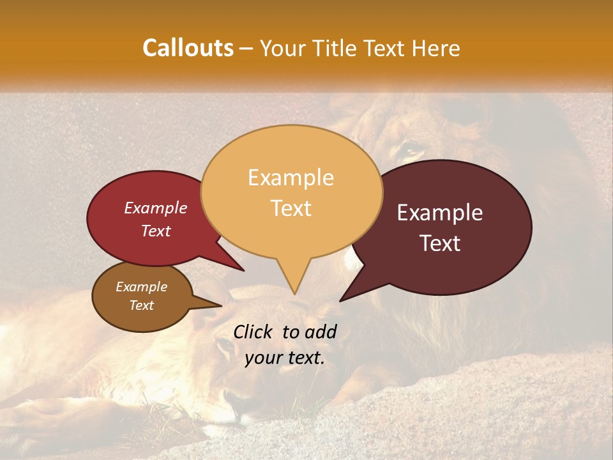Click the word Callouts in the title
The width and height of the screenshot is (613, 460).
pos(188,48)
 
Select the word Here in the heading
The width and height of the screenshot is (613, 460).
pos(436,48)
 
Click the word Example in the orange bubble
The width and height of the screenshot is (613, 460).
pos(291,177)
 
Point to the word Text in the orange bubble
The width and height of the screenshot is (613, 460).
pos(291,208)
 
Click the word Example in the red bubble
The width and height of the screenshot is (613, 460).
pos(155,208)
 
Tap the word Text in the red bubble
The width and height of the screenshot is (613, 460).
pos(155,231)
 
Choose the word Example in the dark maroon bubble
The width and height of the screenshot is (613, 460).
pos(440,213)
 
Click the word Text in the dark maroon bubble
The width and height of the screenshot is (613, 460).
pos(440,243)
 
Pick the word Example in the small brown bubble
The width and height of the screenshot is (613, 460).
pos(141,287)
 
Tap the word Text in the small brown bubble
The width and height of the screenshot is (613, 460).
pos(141,305)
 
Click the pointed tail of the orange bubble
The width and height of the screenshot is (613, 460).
pos(294,293)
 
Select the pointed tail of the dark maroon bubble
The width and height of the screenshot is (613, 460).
pos(342,300)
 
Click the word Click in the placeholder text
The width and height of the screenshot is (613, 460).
pos(253,332)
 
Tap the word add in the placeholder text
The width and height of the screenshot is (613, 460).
pos(322,332)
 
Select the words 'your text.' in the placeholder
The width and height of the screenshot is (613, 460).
pos(284,358)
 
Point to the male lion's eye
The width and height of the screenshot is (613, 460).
pos(410,151)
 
